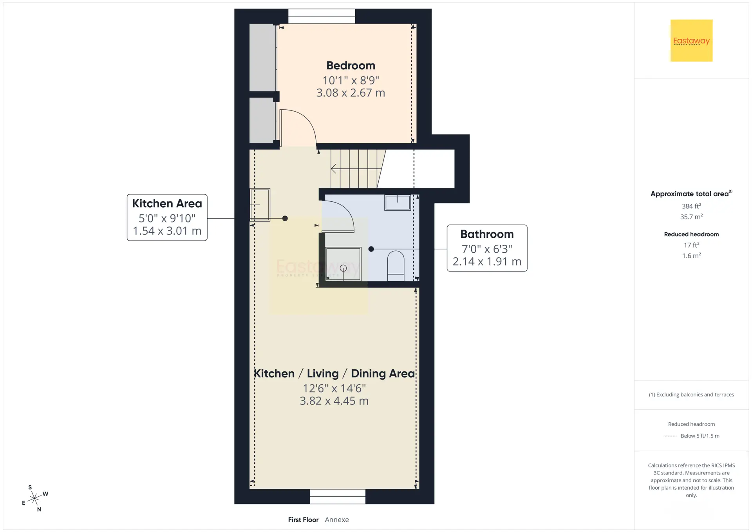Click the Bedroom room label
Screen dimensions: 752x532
(x=351, y=65)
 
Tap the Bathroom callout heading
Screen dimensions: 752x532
(x=487, y=234)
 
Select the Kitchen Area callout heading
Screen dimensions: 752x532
(x=167, y=203)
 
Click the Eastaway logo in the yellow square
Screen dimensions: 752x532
(x=691, y=41)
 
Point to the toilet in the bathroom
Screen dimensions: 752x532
(x=396, y=266)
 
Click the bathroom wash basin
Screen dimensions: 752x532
(x=398, y=203)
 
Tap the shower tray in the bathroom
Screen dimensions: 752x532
(x=343, y=264)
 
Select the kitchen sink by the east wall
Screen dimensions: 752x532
(x=260, y=204)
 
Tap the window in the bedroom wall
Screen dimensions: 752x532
(x=322, y=16)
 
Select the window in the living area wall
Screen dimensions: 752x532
(x=338, y=496)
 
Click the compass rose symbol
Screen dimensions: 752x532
(x=35, y=498)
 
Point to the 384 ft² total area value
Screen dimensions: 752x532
(x=691, y=206)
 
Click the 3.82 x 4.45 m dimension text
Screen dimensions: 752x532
(x=334, y=401)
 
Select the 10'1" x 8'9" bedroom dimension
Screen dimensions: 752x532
(x=351, y=80)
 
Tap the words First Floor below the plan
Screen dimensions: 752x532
(x=303, y=520)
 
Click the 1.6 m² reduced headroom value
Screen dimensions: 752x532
(x=691, y=255)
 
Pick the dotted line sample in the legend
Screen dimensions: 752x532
(x=670, y=436)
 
